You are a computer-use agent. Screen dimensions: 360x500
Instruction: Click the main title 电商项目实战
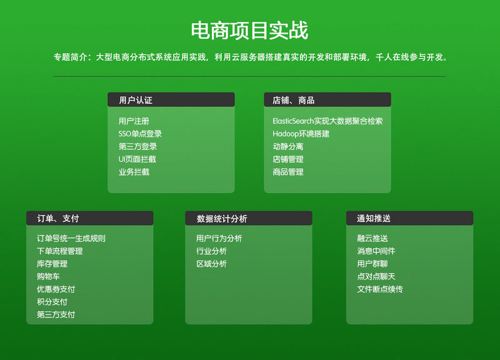[249, 30]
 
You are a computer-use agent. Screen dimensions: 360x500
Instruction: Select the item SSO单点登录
[140, 134]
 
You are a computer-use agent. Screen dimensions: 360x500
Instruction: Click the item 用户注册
[134, 121]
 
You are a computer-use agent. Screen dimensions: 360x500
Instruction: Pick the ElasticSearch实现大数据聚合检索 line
[327, 121]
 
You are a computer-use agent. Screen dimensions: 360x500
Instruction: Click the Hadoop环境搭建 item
[301, 134]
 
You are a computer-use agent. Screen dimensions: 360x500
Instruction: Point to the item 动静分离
[288, 146]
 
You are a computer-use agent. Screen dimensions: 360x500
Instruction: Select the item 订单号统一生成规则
[71, 238]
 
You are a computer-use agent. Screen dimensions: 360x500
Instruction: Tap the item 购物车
[48, 276]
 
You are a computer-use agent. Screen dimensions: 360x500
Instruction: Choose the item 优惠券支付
[56, 289]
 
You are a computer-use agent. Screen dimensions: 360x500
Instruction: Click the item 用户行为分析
[219, 238]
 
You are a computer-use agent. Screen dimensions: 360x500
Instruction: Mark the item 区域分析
[211, 264]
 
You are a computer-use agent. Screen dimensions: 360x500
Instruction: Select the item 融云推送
[372, 238]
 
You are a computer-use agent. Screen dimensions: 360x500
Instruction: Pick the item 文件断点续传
[380, 289]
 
